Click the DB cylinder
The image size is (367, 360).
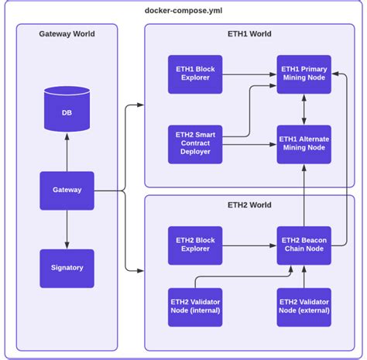pos(67,109)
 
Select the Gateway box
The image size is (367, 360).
pos(67,190)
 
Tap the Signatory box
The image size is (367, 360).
pos(67,269)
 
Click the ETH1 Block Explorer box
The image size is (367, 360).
pos(195,74)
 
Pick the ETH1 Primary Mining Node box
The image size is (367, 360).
pos(304,74)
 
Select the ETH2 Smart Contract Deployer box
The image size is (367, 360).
pos(195,144)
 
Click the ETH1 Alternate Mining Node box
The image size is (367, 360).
pos(304,144)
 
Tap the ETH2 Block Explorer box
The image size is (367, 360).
pos(195,245)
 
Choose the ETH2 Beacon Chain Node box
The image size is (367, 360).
pos(304,245)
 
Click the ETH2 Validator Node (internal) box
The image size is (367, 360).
pos(195,307)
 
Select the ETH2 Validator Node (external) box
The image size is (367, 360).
pos(304,307)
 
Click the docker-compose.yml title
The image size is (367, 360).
pos(183,11)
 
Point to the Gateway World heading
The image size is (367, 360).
pos(67,34)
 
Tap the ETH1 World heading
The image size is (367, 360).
pos(249,34)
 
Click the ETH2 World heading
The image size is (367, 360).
pos(249,205)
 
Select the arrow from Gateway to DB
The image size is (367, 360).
pos(67,153)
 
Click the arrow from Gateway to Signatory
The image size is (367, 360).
pos(67,229)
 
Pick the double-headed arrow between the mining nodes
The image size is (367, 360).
pos(304,109)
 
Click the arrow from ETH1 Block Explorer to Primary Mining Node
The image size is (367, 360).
pos(249,74)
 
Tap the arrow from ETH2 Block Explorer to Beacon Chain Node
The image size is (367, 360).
pos(249,245)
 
